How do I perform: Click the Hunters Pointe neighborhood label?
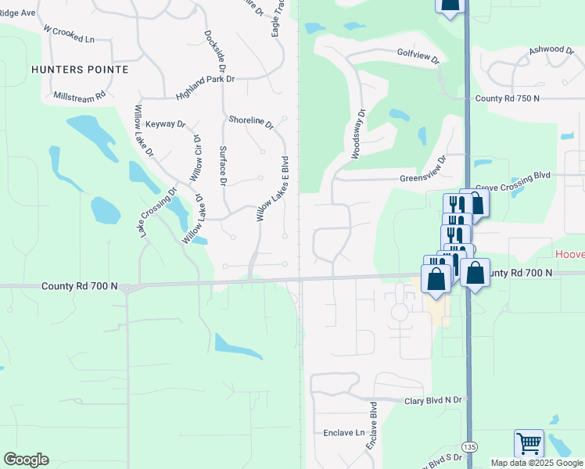(x=80, y=70)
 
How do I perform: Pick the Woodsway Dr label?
(x=358, y=134)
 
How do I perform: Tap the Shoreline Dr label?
(x=251, y=122)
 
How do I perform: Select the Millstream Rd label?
(x=79, y=97)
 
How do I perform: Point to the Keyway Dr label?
(x=165, y=124)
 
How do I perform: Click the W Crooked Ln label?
(x=69, y=35)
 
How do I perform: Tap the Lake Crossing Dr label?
(x=155, y=213)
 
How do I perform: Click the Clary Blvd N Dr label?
(x=434, y=401)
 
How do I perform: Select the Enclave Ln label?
(x=344, y=432)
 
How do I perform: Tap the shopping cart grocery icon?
(x=529, y=443)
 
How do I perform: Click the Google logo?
(x=26, y=460)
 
